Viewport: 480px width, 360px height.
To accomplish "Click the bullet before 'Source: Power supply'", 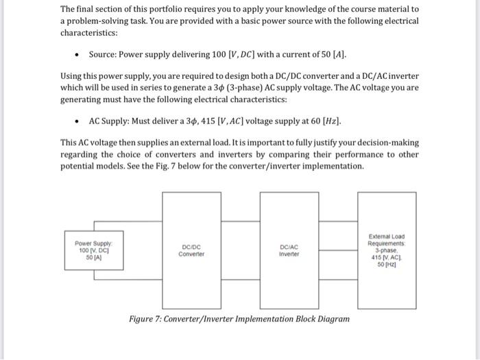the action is click(x=81, y=53).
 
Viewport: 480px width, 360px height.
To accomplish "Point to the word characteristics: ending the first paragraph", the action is click(x=89, y=32).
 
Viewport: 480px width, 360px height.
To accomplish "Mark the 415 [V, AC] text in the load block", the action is click(x=386, y=258).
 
